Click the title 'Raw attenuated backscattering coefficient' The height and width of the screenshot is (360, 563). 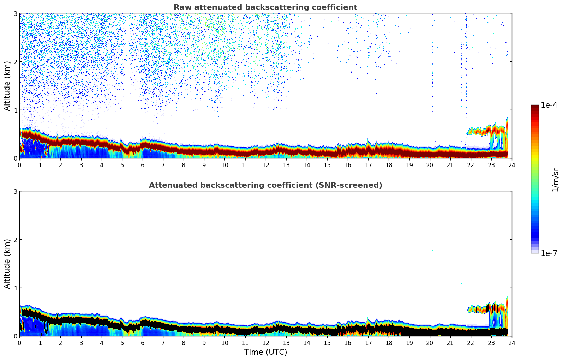click(x=265, y=7)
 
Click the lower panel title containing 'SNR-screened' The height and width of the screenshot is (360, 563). click(x=265, y=185)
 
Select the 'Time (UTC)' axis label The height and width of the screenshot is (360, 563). click(x=265, y=352)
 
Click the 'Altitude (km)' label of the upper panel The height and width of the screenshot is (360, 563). click(x=7, y=86)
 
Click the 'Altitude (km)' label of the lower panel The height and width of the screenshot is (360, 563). click(x=7, y=264)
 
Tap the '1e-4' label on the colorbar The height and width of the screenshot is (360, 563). click(x=549, y=105)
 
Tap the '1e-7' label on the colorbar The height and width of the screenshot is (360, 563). click(x=549, y=253)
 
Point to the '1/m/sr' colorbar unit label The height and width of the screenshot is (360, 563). click(x=555, y=179)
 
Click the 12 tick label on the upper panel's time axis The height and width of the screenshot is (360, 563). click(x=265, y=165)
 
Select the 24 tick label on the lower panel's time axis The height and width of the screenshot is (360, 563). click(x=511, y=343)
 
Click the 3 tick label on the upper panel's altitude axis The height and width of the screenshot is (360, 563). click(x=16, y=13)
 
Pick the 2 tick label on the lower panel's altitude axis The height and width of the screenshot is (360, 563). click(x=16, y=240)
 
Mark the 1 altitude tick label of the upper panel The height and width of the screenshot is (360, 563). click(x=16, y=110)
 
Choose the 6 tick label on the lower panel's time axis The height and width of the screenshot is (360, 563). click(x=143, y=343)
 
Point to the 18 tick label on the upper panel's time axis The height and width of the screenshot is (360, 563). click(x=389, y=165)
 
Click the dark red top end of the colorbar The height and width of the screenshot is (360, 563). click(x=535, y=107)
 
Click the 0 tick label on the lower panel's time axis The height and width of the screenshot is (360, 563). click(x=19, y=343)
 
